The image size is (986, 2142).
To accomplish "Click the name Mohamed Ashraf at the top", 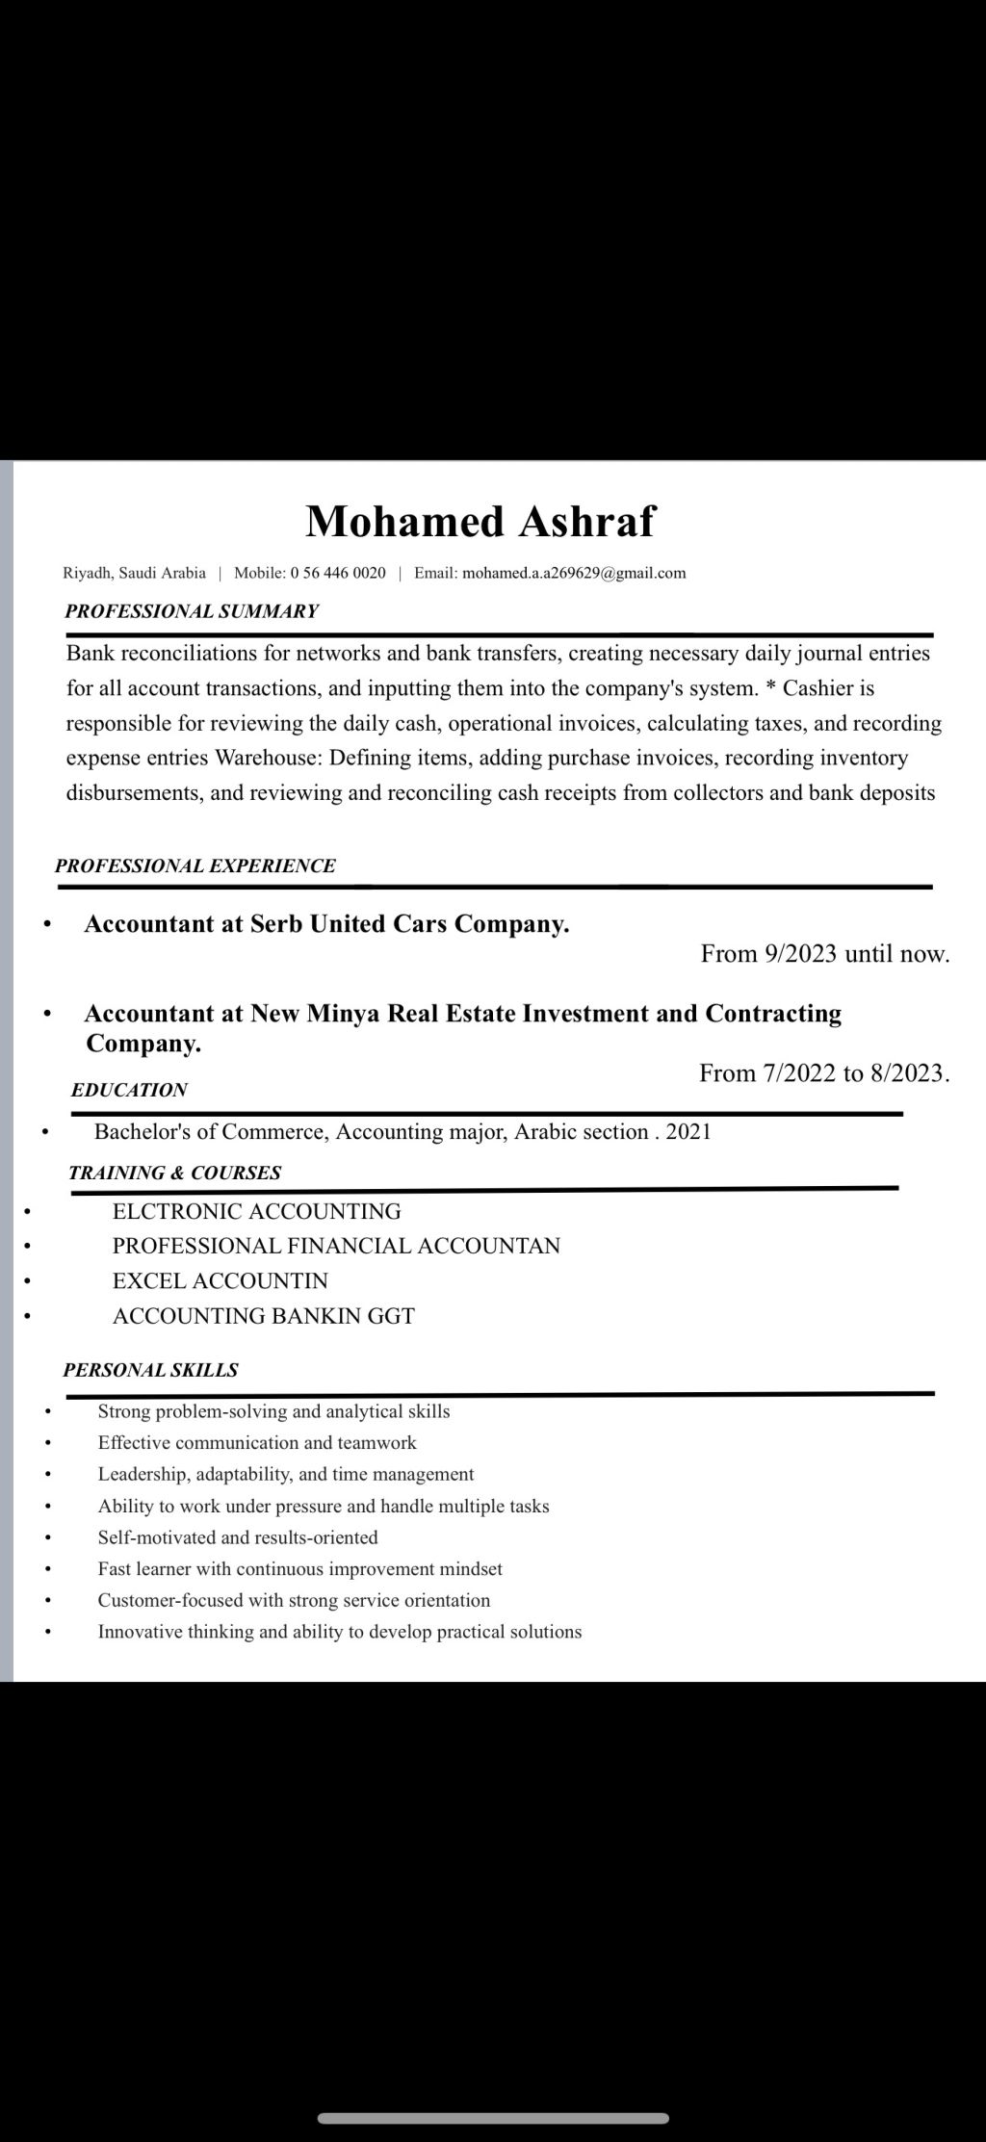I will pos(480,522).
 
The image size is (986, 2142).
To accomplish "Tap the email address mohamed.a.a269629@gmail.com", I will pos(574,574).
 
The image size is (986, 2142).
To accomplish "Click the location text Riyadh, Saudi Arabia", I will pos(134,574).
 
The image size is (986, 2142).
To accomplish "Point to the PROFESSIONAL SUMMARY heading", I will pos(192,611).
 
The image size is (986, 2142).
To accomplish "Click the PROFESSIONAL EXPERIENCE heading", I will pos(195,866).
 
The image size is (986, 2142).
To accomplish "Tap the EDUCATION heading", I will pos(129,1091).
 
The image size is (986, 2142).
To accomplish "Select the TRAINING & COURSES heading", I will pos(175,1174).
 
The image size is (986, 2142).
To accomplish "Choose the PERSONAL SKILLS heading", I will pos(151,1371).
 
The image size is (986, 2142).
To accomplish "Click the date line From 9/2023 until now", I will pos(824,954).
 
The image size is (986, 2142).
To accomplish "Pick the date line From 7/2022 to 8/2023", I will pos(824,1073).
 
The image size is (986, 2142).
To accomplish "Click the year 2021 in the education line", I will pos(688,1132).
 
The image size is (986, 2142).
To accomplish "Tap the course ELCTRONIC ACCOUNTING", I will pos(257,1212).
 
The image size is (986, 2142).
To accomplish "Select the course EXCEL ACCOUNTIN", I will pos(221,1281).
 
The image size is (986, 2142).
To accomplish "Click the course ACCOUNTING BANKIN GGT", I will pos(264,1316).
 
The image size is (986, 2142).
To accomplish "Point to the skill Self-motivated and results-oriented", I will pos(238,1537).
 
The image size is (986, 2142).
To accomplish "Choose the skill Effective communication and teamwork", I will pos(257,1443).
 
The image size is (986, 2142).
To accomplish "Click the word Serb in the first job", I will pos(276,924).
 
